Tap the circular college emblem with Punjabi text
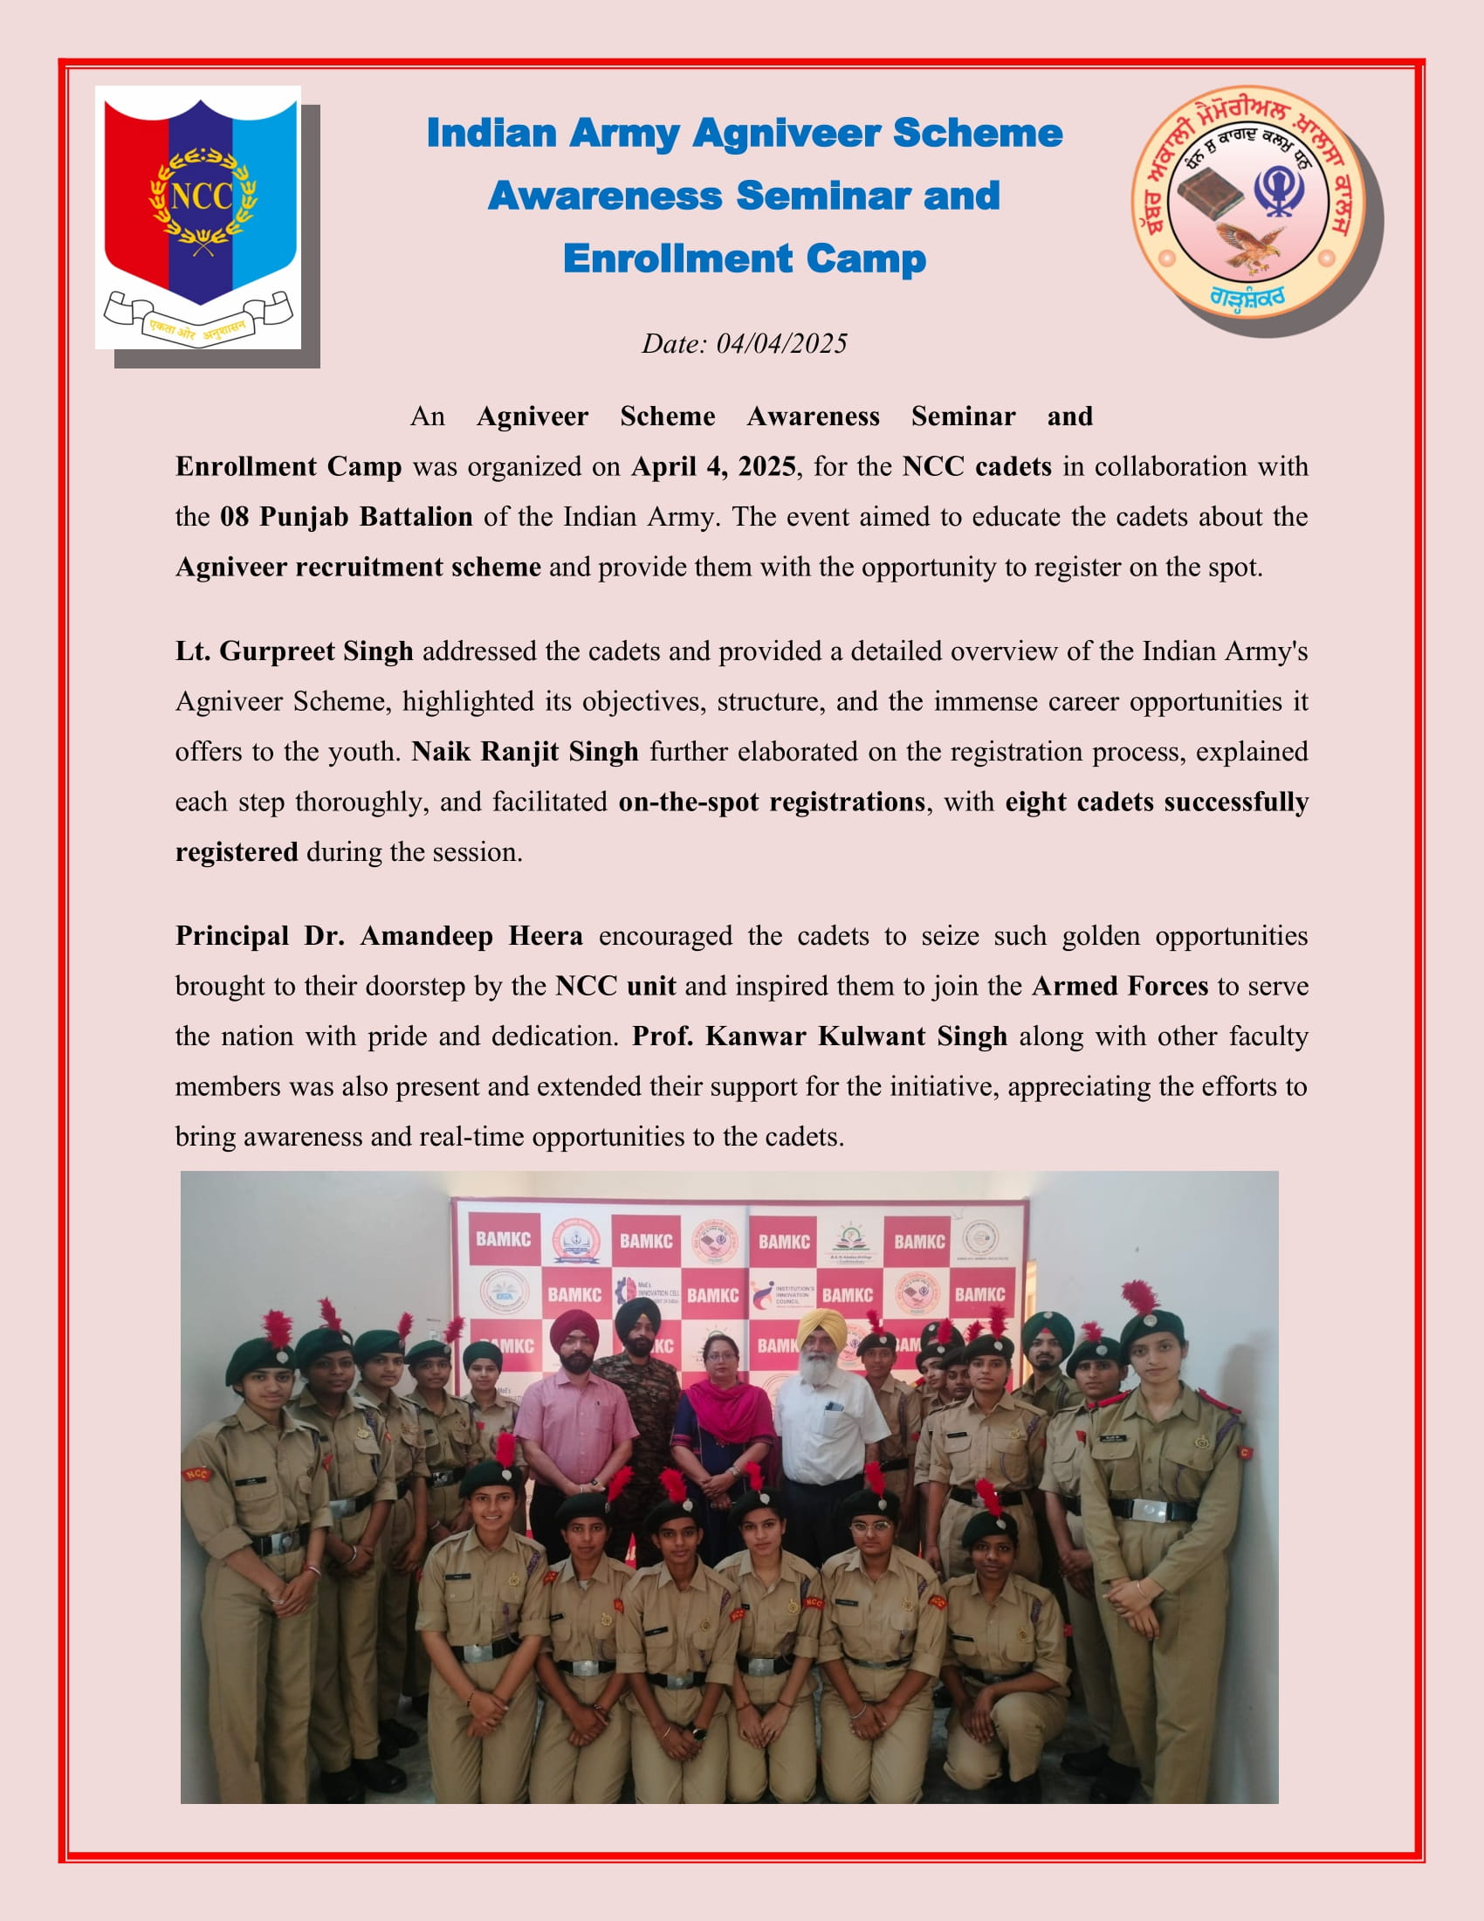point(1247,202)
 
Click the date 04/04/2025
point(781,343)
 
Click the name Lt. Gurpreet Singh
point(294,651)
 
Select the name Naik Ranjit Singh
point(525,751)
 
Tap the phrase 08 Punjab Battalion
point(346,516)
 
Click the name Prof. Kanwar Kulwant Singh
point(820,1036)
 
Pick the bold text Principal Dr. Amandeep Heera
point(379,935)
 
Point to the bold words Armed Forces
point(1120,985)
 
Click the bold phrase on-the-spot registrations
point(772,802)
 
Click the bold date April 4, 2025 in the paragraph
point(713,466)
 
